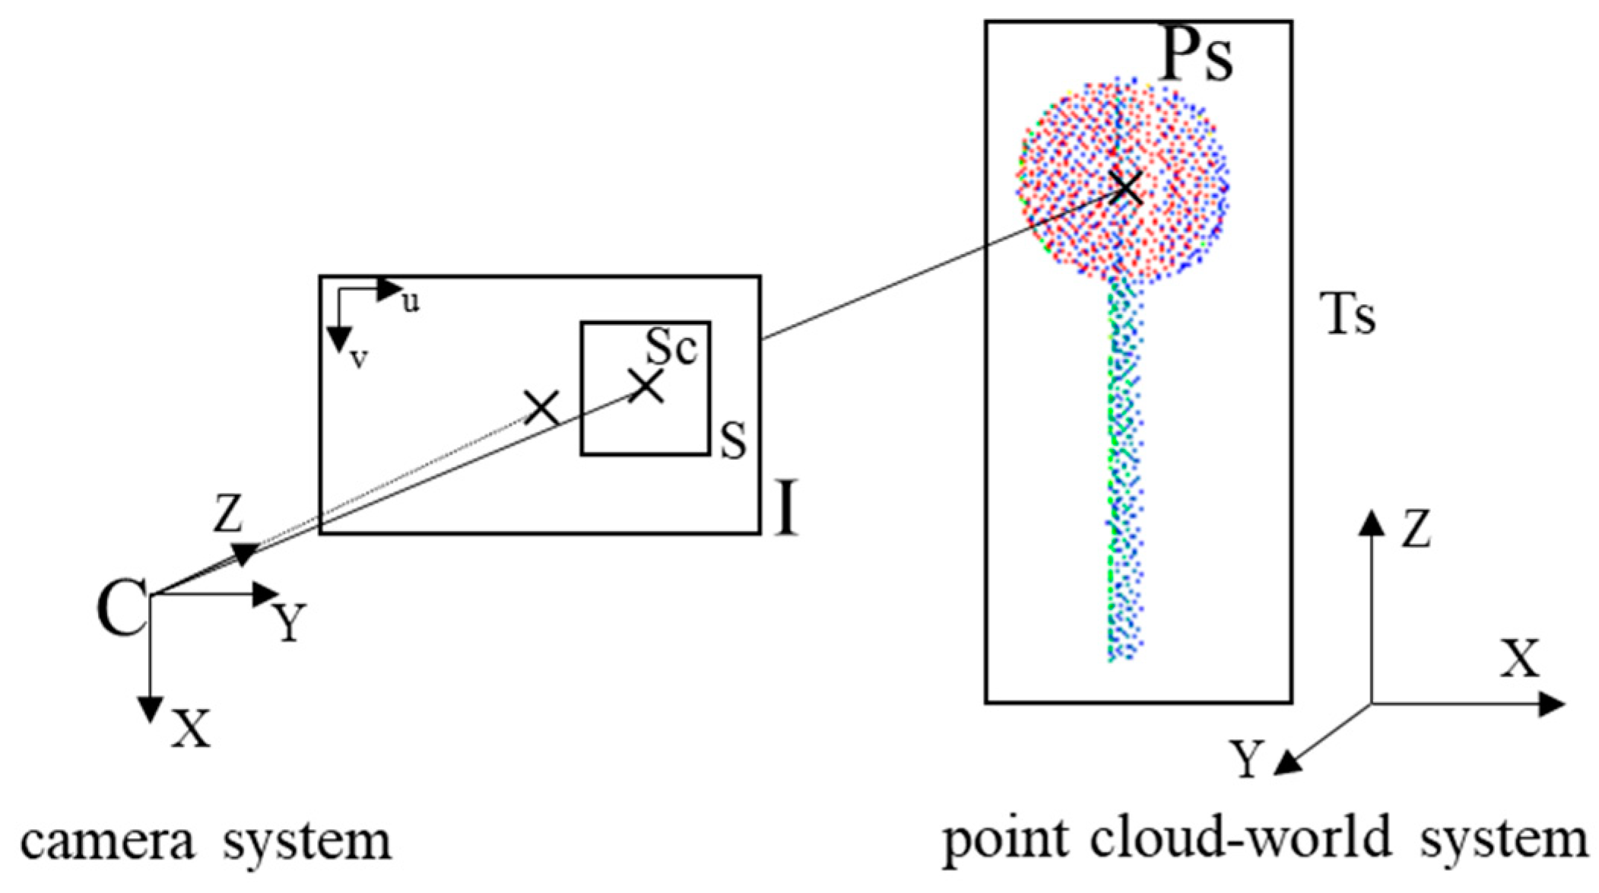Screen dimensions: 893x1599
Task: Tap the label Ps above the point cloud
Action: pos(1194,59)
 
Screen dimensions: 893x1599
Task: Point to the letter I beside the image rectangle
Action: pos(787,508)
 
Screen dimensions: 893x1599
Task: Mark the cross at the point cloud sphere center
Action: pos(1127,187)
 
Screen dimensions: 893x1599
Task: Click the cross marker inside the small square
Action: pos(647,386)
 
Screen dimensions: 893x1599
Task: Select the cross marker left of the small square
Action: pos(543,408)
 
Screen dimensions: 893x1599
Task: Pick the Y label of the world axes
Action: pos(1247,760)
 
